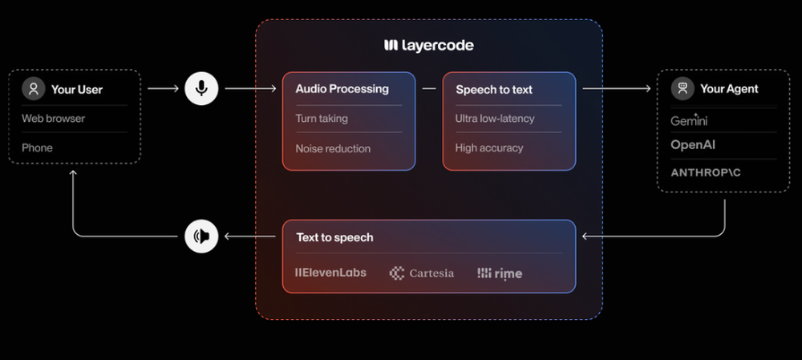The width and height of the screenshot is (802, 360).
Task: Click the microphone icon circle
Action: click(202, 88)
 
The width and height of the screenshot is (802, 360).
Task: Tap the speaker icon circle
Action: click(202, 236)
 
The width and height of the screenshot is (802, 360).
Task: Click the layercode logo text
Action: click(429, 45)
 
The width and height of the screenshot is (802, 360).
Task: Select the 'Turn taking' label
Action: click(322, 119)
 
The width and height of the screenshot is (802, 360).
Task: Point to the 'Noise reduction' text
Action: click(333, 148)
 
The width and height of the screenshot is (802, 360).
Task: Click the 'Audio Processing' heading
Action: click(342, 89)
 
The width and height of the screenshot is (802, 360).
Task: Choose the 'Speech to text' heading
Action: click(494, 90)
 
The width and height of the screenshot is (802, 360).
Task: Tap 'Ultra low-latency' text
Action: click(495, 119)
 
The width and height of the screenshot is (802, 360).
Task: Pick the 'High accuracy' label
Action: click(489, 148)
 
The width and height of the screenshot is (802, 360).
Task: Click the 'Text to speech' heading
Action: click(334, 237)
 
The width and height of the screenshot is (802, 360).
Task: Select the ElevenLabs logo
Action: click(330, 273)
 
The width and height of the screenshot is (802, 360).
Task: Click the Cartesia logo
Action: click(422, 273)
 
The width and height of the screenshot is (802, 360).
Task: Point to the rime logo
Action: click(500, 273)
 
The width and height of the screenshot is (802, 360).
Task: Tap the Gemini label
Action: click(689, 120)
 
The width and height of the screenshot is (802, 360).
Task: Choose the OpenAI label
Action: click(693, 145)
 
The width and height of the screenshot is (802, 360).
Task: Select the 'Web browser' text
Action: click(53, 119)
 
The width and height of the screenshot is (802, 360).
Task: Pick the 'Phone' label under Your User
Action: click(37, 148)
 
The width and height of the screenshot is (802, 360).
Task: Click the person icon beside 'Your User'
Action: click(34, 89)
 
